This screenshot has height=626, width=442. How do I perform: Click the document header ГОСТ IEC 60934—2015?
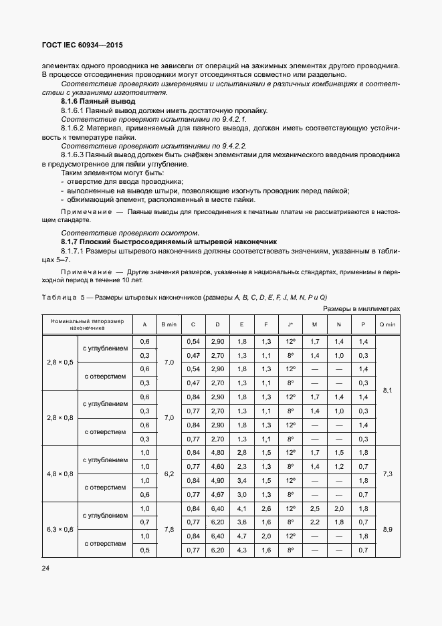point(83,45)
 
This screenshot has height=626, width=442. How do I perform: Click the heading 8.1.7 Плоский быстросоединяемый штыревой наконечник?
point(165,240)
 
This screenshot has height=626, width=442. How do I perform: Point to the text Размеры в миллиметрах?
point(362,309)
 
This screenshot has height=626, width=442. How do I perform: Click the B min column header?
point(169,324)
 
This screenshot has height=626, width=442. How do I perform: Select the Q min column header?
point(387,324)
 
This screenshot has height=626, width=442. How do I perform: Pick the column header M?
point(314,324)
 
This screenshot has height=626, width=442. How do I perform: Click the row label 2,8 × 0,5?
point(60,362)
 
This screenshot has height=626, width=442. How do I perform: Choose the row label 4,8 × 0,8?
point(60,474)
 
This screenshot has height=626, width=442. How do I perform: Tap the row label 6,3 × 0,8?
point(60,529)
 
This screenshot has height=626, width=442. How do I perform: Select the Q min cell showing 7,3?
point(387,474)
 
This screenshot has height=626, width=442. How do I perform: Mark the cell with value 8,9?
point(387,529)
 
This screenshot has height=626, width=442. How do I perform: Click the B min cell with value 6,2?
point(169,474)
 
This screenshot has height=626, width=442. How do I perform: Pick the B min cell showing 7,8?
point(169,529)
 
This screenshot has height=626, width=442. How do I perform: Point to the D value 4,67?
point(217,494)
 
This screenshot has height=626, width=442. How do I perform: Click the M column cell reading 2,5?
point(314,508)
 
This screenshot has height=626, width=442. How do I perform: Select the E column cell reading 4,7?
point(241,536)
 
